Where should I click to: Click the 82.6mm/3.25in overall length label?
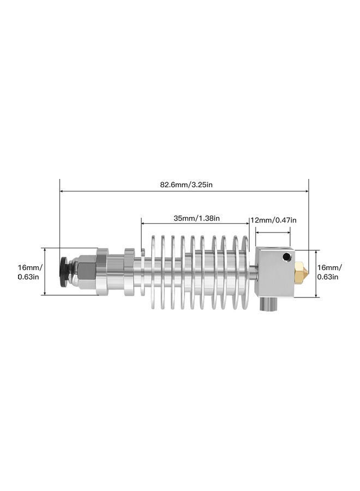tap(186, 184)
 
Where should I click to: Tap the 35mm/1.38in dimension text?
tap(196, 218)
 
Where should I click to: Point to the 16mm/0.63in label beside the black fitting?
tap(28, 272)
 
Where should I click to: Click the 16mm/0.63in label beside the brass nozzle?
tap(329, 272)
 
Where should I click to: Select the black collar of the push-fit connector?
tap(64, 271)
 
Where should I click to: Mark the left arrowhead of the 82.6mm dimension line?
tap(62, 191)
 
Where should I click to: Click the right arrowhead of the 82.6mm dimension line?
tap(307, 191)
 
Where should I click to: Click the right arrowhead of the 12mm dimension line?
tap(289, 231)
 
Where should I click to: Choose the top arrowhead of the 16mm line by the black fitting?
tap(44, 249)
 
